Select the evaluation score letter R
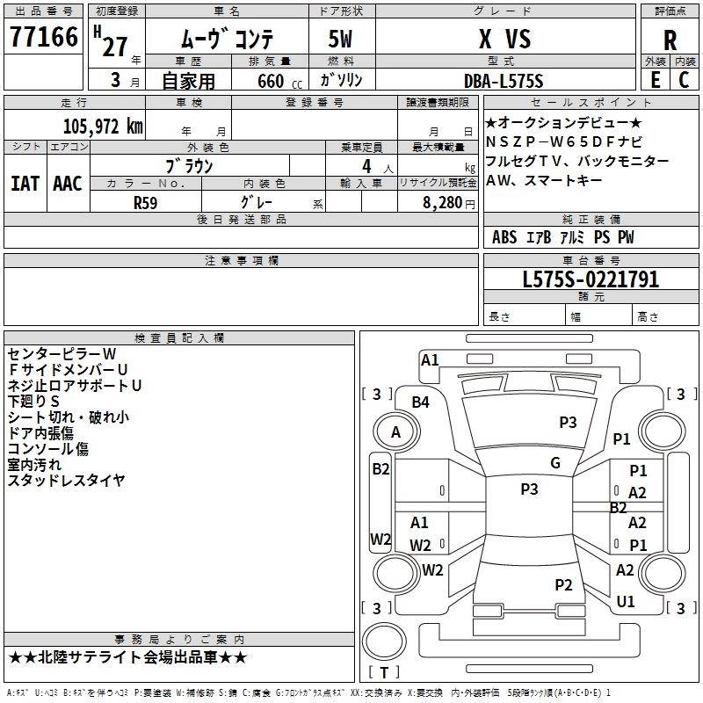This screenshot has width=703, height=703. click(670, 40)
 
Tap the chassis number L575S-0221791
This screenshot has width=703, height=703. click(591, 280)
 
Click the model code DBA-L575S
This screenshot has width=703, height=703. click(504, 81)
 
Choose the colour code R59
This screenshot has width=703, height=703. click(146, 202)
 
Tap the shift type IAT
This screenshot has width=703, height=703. click(25, 184)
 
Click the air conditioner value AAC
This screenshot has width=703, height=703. click(67, 184)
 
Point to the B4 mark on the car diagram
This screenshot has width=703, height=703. click(421, 402)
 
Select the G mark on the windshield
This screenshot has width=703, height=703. click(554, 463)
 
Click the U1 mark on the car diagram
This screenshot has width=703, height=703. click(626, 602)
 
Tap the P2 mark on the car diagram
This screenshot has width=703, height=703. click(563, 584)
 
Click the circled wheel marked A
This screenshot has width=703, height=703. click(395, 432)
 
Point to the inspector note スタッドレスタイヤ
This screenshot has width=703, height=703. click(66, 480)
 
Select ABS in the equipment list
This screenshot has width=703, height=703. click(504, 237)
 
